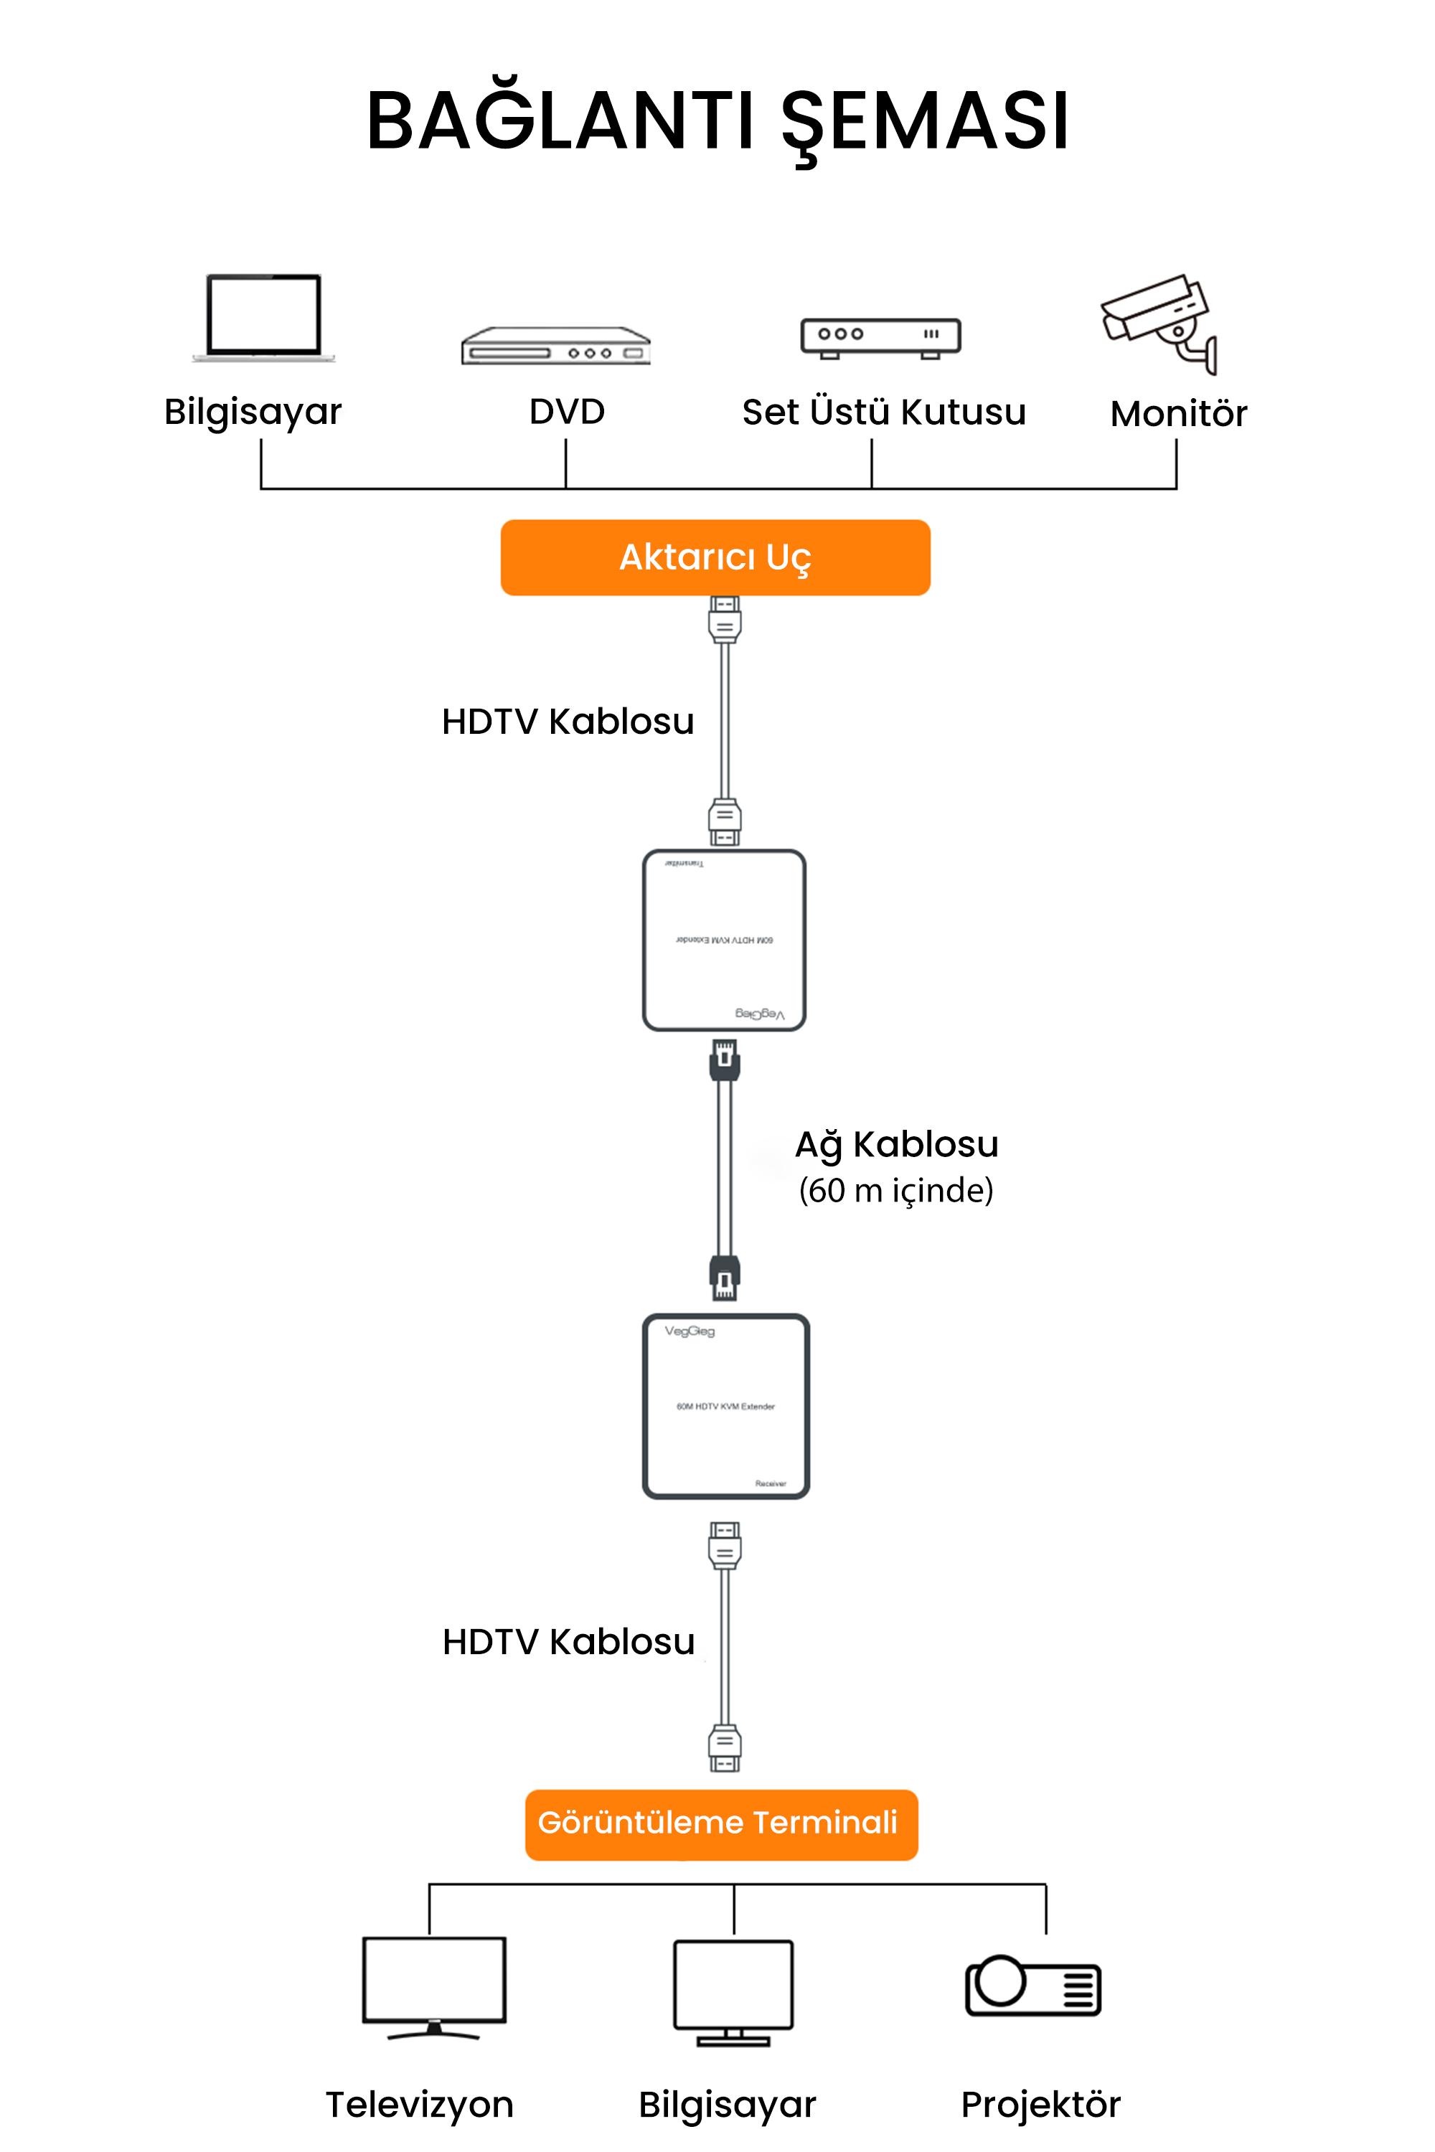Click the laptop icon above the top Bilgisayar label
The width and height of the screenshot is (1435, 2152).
pos(263,316)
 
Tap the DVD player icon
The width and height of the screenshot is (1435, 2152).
pos(555,346)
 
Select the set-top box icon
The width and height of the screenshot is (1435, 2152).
pos(880,336)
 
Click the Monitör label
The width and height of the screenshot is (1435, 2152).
pos(1178,414)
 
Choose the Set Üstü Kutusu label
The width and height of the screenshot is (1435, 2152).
pos(883,412)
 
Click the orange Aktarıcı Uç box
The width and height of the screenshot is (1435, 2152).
pos(715,557)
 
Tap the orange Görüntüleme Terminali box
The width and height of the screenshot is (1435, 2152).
pos(720,1823)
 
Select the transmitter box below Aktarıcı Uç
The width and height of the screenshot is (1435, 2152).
pos(724,940)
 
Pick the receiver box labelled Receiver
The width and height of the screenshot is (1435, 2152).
pos(725,1405)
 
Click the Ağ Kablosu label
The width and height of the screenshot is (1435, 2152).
pos(896,1143)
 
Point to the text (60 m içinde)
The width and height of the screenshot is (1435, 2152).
pos(896,1190)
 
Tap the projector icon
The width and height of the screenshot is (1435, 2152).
pos(1033,1986)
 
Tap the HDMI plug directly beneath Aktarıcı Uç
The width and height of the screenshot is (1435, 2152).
pos(725,620)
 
